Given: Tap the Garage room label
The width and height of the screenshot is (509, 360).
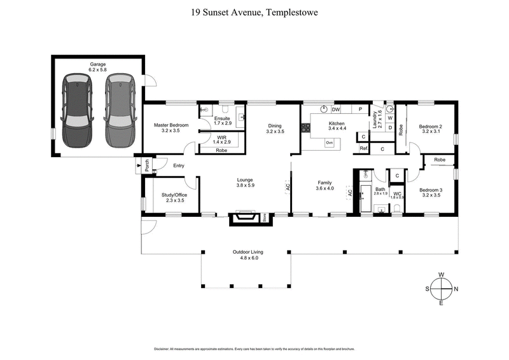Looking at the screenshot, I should tap(97, 64).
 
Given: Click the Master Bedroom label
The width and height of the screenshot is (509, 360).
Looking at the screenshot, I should tap(170, 125).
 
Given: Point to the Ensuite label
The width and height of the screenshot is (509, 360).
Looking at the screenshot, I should tap(222, 118).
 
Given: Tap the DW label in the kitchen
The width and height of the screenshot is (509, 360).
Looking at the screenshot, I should tap(335, 109).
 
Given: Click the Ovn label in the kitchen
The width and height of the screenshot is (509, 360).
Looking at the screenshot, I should tap(330, 142).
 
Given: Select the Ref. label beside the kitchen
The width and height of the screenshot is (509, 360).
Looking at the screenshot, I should tap(364, 148).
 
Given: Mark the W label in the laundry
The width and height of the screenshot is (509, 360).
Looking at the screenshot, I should tap(389, 118).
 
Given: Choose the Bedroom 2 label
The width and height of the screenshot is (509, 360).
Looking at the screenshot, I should tap(430, 127).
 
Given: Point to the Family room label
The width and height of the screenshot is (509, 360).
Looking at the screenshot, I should tap(324, 183).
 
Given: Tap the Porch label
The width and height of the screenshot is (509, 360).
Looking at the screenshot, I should tap(147, 165).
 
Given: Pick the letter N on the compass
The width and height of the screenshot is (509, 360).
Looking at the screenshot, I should tap(456, 289).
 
